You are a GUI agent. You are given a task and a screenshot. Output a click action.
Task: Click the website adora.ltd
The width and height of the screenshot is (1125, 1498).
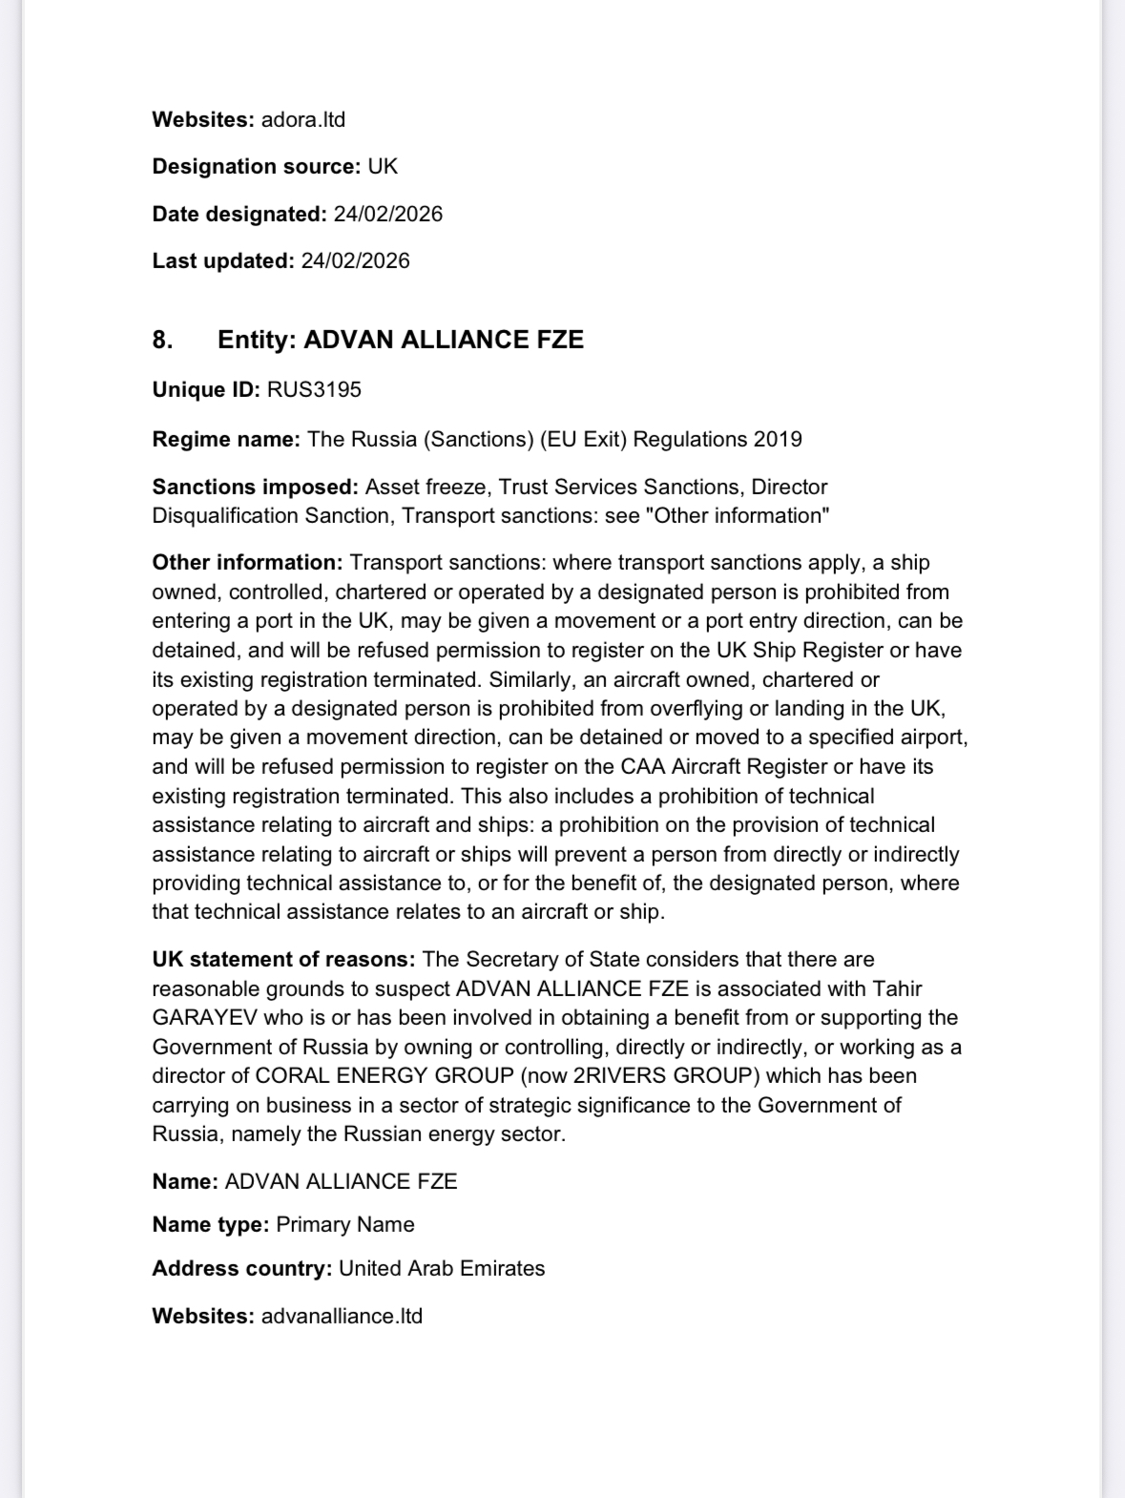[302, 120]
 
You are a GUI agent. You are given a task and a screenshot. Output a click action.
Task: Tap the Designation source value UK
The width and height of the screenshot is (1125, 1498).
[383, 167]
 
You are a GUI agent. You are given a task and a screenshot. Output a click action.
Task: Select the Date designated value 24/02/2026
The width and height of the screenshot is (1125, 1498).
[387, 214]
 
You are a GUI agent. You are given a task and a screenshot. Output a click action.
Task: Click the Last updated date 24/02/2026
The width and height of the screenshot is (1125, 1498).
[355, 261]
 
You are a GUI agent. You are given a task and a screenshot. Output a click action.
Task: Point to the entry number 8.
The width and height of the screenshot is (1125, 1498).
[162, 341]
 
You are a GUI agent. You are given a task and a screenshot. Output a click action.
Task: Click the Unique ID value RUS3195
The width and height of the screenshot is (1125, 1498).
[314, 390]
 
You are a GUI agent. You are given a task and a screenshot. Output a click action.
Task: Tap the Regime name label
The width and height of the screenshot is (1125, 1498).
[226, 440]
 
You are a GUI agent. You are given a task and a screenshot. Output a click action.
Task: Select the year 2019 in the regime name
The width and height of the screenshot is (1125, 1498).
[777, 440]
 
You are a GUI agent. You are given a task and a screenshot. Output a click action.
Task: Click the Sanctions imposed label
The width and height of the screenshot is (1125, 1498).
[255, 488]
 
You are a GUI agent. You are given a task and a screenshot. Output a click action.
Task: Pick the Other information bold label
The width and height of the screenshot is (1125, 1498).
[246, 563]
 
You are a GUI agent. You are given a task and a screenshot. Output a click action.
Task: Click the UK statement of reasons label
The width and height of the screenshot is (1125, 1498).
[283, 960]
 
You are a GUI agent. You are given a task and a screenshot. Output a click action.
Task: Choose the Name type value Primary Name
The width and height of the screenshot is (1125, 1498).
[344, 1225]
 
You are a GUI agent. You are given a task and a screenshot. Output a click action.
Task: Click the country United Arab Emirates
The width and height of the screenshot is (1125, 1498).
[442, 1269]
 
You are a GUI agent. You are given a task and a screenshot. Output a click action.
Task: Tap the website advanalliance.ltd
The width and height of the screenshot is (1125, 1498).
[341, 1317]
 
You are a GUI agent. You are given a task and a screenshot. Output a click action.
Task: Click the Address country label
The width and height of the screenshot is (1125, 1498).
[241, 1269]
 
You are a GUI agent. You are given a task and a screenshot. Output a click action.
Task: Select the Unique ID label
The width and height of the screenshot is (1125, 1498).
[205, 390]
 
